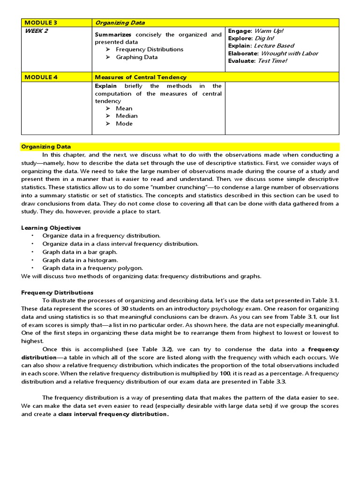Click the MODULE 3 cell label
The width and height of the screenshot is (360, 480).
point(41,22)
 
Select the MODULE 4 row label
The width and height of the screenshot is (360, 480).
point(41,77)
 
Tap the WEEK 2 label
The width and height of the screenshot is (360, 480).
point(36,31)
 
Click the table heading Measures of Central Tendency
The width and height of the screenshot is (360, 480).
point(140,77)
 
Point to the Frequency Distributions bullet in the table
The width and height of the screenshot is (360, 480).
point(150,49)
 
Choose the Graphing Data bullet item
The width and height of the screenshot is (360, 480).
point(136,57)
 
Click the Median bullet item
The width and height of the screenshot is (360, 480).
point(127,116)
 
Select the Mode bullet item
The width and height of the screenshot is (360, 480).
point(124,124)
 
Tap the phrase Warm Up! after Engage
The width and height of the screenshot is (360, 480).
point(269,31)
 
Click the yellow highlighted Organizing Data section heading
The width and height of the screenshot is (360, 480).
point(46,147)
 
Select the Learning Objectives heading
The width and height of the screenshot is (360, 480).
point(51,228)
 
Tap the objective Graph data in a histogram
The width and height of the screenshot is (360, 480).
point(80,260)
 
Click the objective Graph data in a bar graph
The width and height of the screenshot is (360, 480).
point(80,252)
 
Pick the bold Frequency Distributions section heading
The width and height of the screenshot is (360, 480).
point(57,292)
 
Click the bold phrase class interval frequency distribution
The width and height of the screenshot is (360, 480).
point(112,414)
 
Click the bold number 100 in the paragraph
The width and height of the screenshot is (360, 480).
point(225,374)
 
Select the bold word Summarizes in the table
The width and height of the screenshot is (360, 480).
point(113,35)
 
